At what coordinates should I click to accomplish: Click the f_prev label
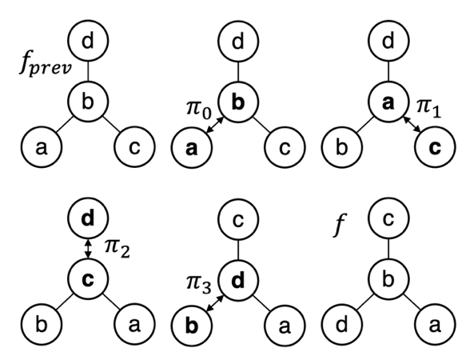[46, 63]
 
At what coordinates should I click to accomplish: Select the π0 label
[199, 109]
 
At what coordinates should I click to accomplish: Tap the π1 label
[428, 108]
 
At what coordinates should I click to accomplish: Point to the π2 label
[118, 250]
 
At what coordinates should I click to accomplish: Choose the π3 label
[199, 286]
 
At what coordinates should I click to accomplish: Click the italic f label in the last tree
[340, 225]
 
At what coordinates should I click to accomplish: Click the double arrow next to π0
[214, 125]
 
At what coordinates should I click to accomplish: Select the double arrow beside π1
[412, 125]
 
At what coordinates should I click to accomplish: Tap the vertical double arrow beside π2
[88, 249]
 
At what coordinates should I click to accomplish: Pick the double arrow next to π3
[214, 303]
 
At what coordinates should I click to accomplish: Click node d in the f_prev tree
[88, 41]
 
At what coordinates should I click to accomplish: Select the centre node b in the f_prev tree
[88, 102]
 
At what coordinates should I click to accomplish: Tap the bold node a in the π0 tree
[192, 147]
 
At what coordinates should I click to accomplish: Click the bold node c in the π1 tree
[434, 147]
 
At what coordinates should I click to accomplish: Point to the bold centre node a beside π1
[388, 102]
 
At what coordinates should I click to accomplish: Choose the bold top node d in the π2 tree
[88, 218]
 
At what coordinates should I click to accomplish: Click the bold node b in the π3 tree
[192, 326]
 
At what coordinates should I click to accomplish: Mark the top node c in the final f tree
[388, 218]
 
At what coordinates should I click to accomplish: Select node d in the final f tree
[342, 326]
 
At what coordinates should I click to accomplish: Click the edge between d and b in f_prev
[88, 71]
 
